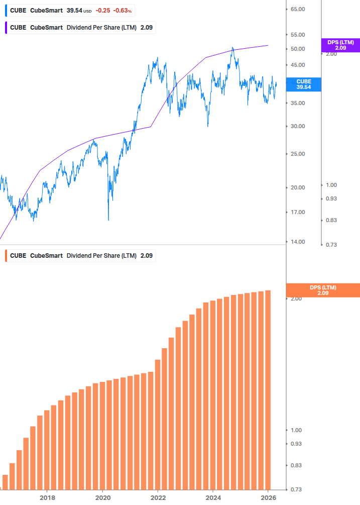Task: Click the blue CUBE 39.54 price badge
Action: click(x=304, y=84)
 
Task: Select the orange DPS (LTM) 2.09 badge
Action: click(x=322, y=290)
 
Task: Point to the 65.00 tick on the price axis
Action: click(x=298, y=9)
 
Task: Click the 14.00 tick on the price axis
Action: click(x=298, y=242)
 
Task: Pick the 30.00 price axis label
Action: click(x=298, y=126)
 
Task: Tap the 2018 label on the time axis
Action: click(x=47, y=498)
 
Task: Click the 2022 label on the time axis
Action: click(x=158, y=498)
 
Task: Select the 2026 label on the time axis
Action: click(x=269, y=498)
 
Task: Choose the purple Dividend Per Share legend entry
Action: click(x=80, y=27)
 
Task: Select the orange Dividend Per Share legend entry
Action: click(x=80, y=255)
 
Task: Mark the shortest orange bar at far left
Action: click(x=6, y=482)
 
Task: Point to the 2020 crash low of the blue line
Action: click(x=108, y=220)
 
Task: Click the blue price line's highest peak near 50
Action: click(x=232, y=48)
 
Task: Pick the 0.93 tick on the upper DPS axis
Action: click(x=331, y=198)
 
